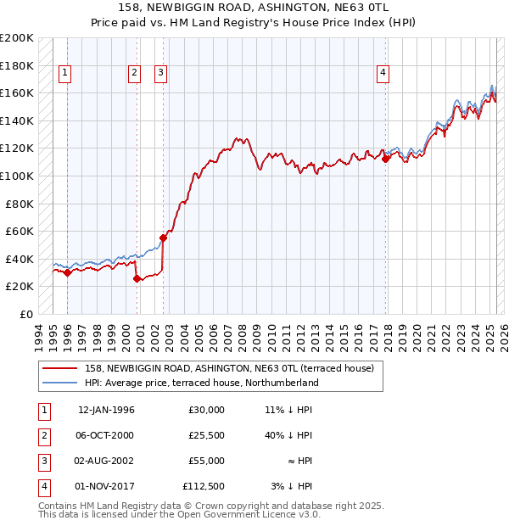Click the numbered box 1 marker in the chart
pos(65,74)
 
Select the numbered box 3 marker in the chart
pos(161,74)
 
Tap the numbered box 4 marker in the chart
pos(383,74)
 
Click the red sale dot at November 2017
pos(385,159)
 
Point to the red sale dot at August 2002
pos(164,238)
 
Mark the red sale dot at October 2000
pos(137,279)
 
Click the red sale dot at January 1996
pos(68,272)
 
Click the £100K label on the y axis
pos(17,176)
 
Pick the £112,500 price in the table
pos(204,486)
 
